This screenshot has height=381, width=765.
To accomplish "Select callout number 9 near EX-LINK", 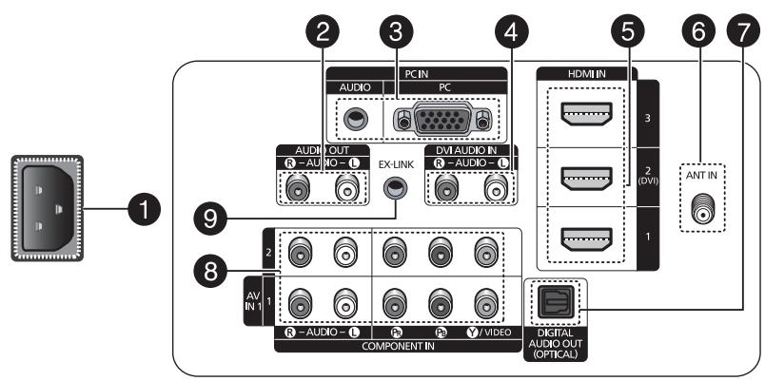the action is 210,219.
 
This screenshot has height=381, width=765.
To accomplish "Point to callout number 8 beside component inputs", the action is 210,272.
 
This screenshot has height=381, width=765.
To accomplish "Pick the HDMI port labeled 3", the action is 586,113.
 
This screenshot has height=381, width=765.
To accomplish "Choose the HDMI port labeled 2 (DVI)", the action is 586,179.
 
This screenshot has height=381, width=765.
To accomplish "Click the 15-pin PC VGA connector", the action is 443,119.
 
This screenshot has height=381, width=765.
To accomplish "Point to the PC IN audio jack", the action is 355,119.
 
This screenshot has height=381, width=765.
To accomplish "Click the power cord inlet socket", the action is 48,208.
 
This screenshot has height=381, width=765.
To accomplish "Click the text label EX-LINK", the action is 395,165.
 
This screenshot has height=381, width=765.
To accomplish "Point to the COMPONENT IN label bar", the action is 398,346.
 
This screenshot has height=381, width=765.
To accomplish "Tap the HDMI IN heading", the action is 586,73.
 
